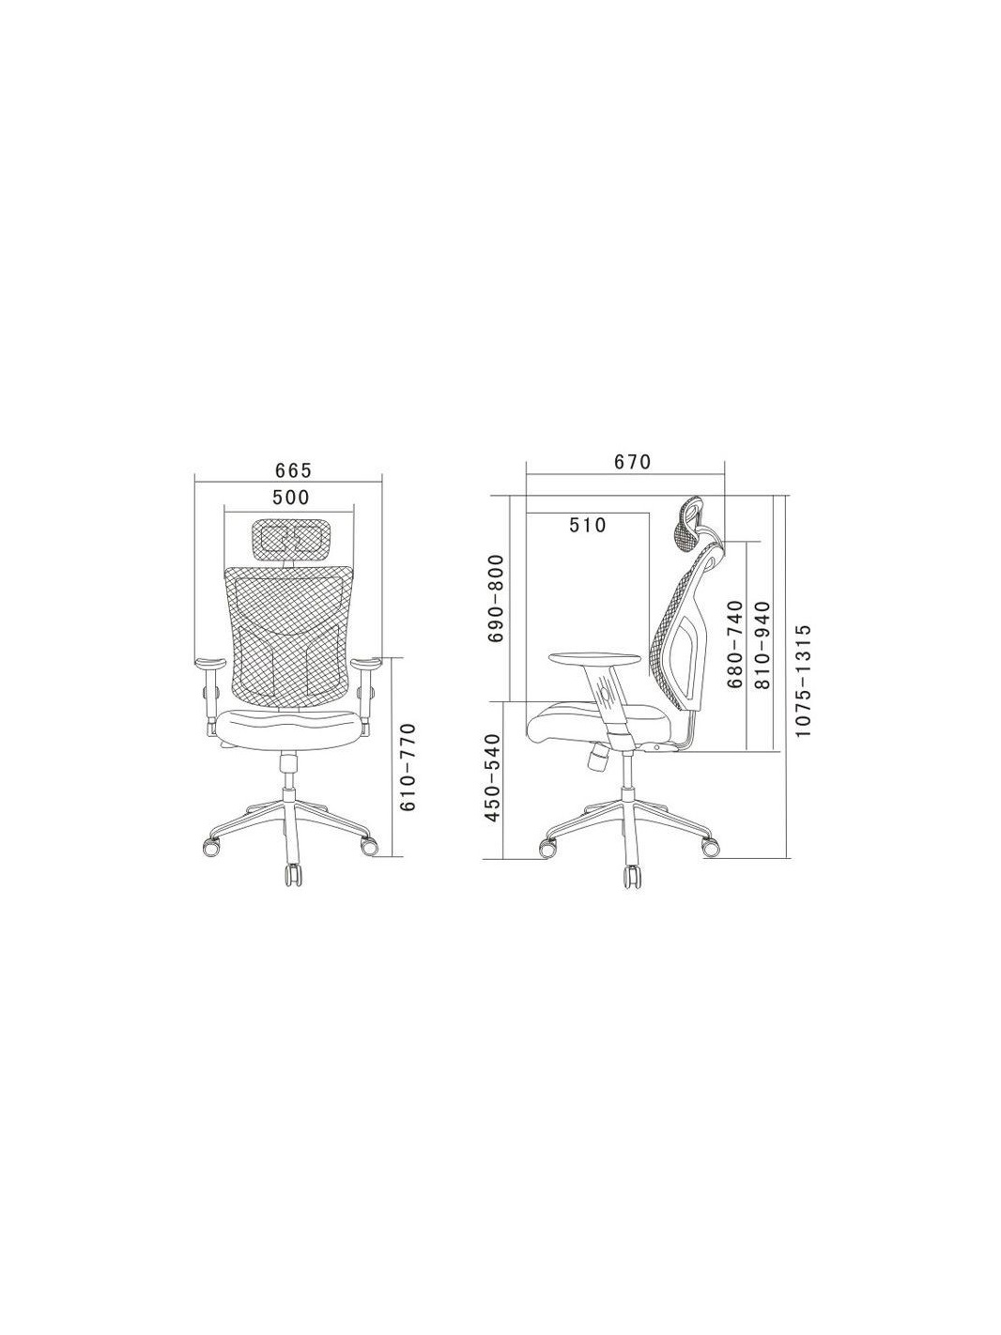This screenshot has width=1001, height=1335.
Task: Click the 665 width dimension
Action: [x=293, y=470]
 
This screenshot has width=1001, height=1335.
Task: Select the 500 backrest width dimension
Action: [x=290, y=497]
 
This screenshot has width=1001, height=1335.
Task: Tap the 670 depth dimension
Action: [x=632, y=462]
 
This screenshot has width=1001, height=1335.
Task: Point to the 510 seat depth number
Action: [x=588, y=525]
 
